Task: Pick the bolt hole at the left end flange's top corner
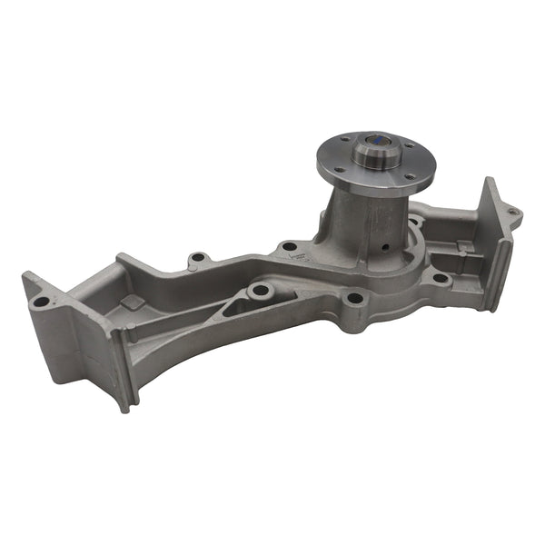(39, 301)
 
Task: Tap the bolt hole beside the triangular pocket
(263, 291)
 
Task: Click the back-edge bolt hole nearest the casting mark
(290, 246)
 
